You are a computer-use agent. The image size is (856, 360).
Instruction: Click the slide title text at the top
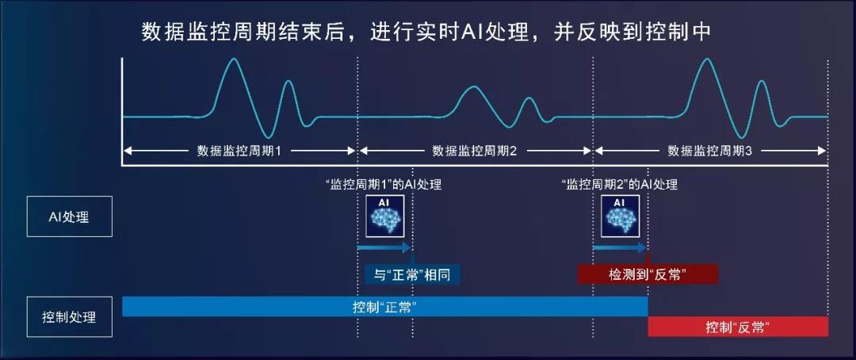click(426, 33)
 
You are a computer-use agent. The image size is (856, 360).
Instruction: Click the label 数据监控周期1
click(239, 151)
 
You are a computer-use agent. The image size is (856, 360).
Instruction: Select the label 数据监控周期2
click(475, 151)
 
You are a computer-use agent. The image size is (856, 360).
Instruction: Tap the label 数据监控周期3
click(709, 151)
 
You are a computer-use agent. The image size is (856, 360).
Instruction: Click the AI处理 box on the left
click(69, 216)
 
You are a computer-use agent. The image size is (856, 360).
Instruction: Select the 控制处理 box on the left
click(69, 317)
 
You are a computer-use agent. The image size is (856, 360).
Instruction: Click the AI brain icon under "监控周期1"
click(385, 216)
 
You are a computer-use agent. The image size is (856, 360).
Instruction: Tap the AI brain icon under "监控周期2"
click(620, 216)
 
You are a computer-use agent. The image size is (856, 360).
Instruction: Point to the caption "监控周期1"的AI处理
click(383, 185)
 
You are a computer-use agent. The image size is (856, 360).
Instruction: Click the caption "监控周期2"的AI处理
click(619, 185)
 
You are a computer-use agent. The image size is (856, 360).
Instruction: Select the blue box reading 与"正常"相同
click(412, 274)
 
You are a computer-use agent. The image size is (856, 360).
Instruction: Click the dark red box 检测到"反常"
click(648, 274)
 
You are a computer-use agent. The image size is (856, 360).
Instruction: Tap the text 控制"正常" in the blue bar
click(385, 306)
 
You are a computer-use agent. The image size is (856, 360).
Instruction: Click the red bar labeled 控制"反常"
click(738, 327)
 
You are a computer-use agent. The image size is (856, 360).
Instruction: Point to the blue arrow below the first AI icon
click(384, 247)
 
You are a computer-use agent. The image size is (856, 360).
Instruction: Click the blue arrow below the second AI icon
click(618, 247)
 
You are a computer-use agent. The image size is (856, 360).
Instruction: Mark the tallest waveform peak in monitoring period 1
click(234, 59)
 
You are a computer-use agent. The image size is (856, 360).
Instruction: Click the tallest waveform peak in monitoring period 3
click(706, 59)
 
